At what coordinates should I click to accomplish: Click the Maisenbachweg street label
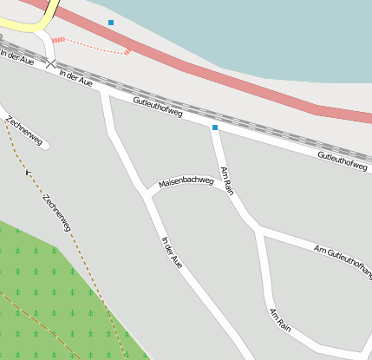(186, 182)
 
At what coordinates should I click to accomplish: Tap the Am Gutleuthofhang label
(343, 258)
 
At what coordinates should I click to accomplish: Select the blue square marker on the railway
(215, 128)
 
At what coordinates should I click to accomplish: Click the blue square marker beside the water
(111, 22)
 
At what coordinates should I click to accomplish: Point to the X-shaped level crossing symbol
(50, 63)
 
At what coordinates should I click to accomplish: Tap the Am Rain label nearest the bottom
(279, 318)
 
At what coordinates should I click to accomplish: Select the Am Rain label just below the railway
(227, 180)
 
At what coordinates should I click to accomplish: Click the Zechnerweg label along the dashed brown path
(56, 213)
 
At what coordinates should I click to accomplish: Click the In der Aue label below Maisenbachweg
(173, 250)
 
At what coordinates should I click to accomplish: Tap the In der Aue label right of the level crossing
(75, 77)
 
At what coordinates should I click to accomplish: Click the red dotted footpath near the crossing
(91, 45)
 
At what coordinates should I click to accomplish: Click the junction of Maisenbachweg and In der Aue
(147, 193)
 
